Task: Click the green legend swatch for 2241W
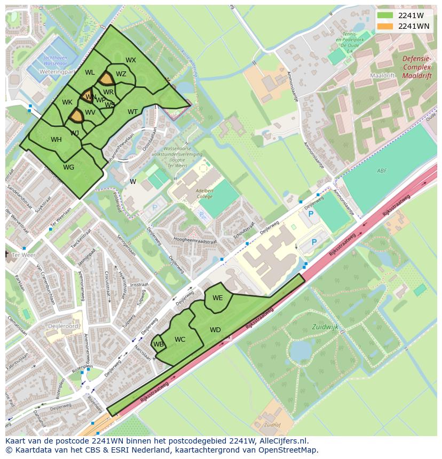pyautogui.click(x=384, y=15)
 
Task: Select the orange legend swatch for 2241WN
pyautogui.click(x=384, y=26)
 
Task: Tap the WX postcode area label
pyautogui.click(x=131, y=60)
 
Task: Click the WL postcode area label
pyautogui.click(x=90, y=73)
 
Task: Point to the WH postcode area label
pyautogui.click(x=56, y=140)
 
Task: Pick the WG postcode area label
pyautogui.click(x=68, y=167)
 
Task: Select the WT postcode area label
pyautogui.click(x=132, y=112)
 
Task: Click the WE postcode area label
pyautogui.click(x=217, y=298)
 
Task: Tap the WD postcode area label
pyautogui.click(x=215, y=330)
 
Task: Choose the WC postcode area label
pyautogui.click(x=180, y=340)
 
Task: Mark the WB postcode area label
pyautogui.click(x=158, y=344)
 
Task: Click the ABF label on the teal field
pyautogui.click(x=381, y=171)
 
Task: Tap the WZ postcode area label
pyautogui.click(x=121, y=74)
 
